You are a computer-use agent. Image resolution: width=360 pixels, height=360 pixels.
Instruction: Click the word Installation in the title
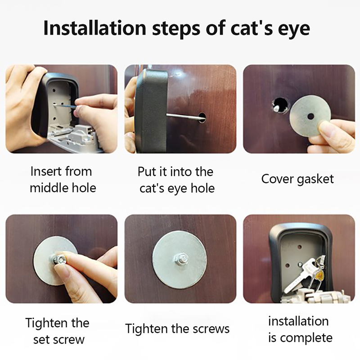click(x=94, y=28)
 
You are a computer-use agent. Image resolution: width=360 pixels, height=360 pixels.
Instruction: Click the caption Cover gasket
click(x=297, y=179)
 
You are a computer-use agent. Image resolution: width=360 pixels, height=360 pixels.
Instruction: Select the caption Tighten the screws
click(x=177, y=329)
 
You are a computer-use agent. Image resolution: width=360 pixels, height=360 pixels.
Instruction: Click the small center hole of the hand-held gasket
click(x=310, y=117)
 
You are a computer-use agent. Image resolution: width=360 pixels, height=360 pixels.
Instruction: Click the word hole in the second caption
click(x=203, y=188)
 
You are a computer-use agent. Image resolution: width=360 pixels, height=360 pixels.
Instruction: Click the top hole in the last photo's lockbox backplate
click(x=299, y=247)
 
